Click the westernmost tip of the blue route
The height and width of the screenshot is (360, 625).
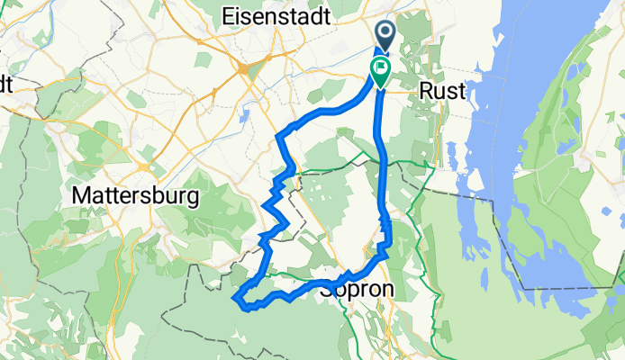pyautogui.click(x=236, y=297)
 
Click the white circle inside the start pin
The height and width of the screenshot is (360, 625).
pyautogui.click(x=385, y=32)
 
